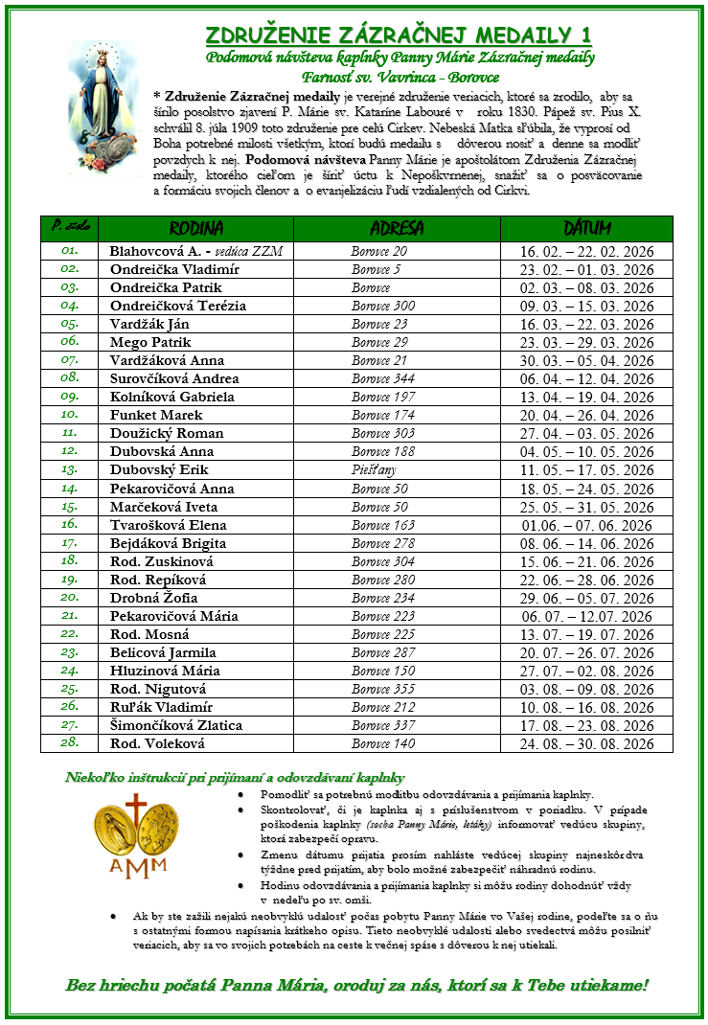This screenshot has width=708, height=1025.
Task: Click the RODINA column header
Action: point(196,228)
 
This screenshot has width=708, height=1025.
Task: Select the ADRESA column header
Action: point(396,228)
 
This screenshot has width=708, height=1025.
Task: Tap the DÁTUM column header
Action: point(586,228)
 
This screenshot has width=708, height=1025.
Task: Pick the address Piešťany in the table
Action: point(374,470)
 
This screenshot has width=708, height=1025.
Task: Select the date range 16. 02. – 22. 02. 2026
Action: point(586,251)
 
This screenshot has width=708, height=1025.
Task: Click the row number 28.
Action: point(69,743)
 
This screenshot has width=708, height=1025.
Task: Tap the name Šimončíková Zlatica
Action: point(176,725)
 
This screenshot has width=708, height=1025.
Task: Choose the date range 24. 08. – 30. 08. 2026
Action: point(586,743)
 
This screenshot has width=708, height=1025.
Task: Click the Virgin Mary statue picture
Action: point(104,107)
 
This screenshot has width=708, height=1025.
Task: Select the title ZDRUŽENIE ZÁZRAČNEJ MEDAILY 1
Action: point(399,35)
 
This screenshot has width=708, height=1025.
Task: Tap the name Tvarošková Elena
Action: point(169,525)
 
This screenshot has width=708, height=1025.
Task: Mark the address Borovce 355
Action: point(383,689)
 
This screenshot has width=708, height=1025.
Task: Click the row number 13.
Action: point(69,470)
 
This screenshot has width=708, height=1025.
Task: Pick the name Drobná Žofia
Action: point(154,598)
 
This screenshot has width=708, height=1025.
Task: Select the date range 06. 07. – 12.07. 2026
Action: point(586,616)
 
